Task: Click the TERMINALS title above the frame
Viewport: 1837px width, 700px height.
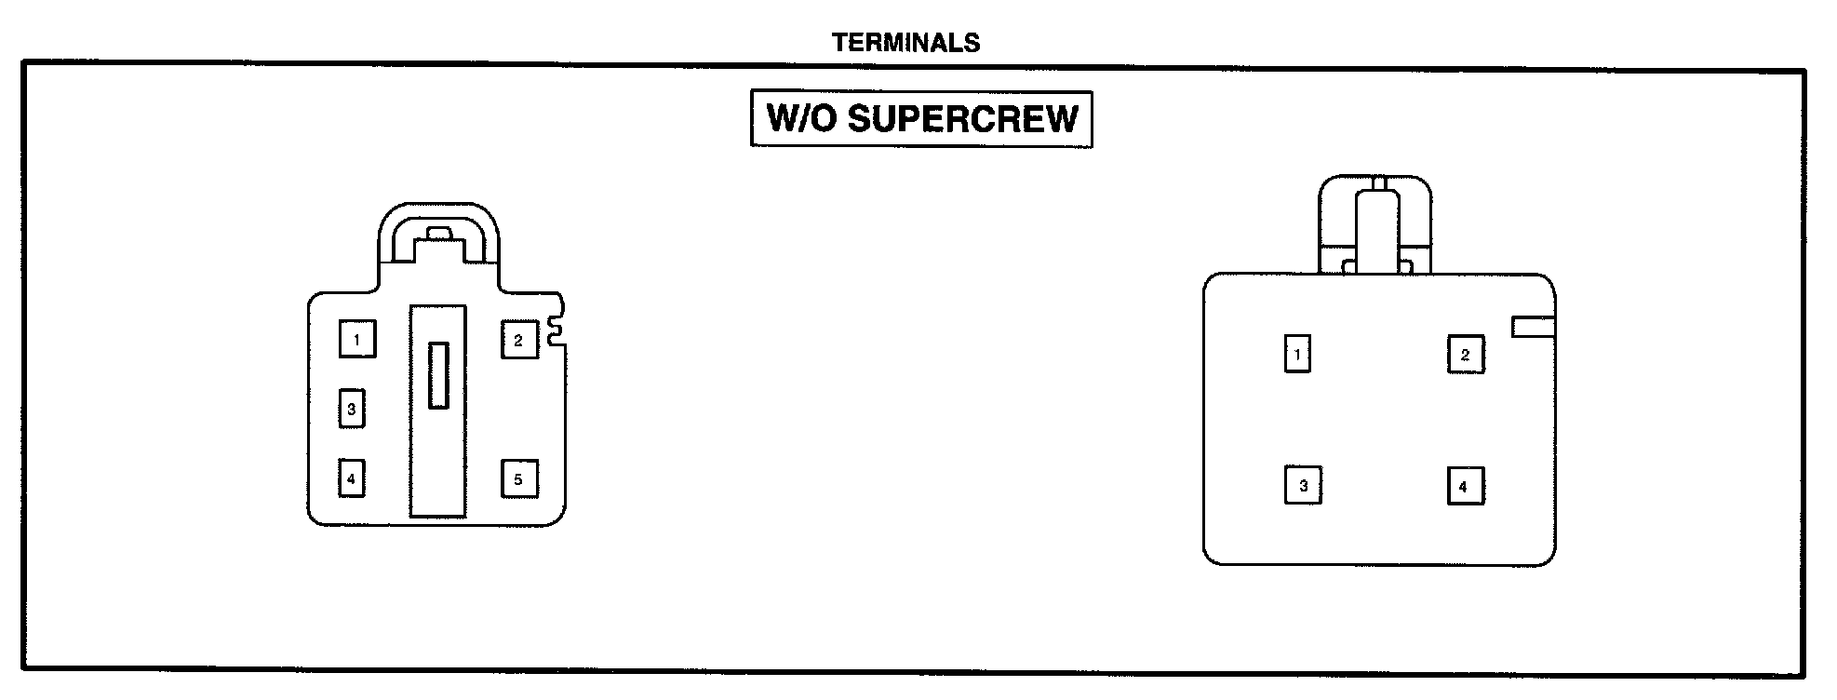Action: [905, 43]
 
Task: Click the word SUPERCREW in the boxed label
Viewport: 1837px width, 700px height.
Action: [962, 119]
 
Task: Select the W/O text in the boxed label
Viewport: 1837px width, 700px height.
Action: [802, 119]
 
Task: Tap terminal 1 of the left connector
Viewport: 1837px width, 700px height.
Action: [356, 340]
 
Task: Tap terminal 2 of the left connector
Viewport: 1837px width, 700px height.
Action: [518, 340]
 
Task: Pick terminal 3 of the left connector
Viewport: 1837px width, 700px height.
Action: [351, 409]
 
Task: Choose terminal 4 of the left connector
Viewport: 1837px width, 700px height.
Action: [351, 479]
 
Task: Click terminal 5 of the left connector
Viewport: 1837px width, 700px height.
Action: [518, 479]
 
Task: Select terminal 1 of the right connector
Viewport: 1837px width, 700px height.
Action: [1297, 354]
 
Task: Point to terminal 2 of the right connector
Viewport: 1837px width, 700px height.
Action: [1465, 355]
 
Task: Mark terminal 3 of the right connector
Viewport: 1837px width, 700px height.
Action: [1303, 486]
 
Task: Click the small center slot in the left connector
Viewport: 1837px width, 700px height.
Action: [438, 375]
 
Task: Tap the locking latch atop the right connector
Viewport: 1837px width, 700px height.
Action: [1375, 228]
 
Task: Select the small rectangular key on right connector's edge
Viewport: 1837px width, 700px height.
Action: [1533, 327]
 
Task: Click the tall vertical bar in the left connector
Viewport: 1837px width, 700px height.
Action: [438, 465]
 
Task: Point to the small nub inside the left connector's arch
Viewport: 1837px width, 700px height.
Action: [437, 233]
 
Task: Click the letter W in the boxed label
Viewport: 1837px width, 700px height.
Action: [783, 119]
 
